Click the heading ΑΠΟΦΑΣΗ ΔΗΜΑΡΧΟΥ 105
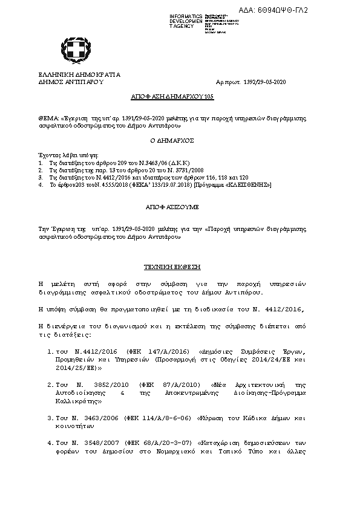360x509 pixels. tap(172, 97)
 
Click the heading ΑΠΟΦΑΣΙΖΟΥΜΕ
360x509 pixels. tap(172, 207)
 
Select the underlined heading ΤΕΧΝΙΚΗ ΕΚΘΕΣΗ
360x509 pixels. tap(172, 267)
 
